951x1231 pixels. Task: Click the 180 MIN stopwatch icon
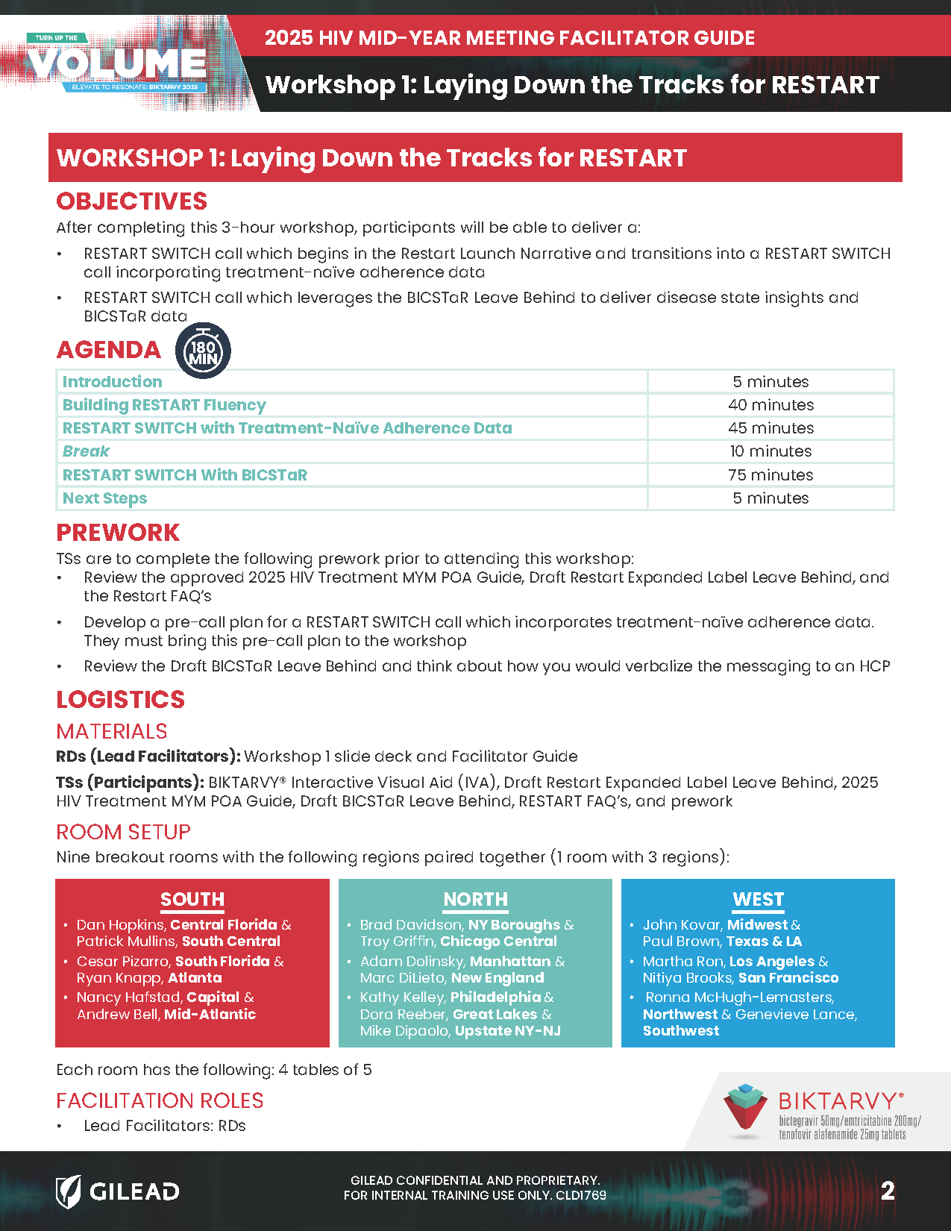point(203,350)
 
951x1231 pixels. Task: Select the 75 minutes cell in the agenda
point(770,474)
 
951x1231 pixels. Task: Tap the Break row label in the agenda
point(86,451)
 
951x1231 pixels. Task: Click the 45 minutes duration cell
point(770,428)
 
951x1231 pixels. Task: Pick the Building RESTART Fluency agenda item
point(164,405)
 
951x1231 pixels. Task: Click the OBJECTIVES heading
point(131,201)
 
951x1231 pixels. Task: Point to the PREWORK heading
point(118,533)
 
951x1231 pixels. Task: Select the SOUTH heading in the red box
point(192,900)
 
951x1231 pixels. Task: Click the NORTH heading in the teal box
point(475,900)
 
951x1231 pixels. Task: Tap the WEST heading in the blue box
point(758,900)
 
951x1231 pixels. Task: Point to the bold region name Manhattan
point(509,962)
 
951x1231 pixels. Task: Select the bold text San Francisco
point(788,978)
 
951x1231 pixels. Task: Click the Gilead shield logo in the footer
point(69,1191)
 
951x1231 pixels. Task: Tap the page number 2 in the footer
point(887,1190)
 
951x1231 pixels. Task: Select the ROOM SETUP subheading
point(123,832)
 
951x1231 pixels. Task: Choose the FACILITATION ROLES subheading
point(160,1100)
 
